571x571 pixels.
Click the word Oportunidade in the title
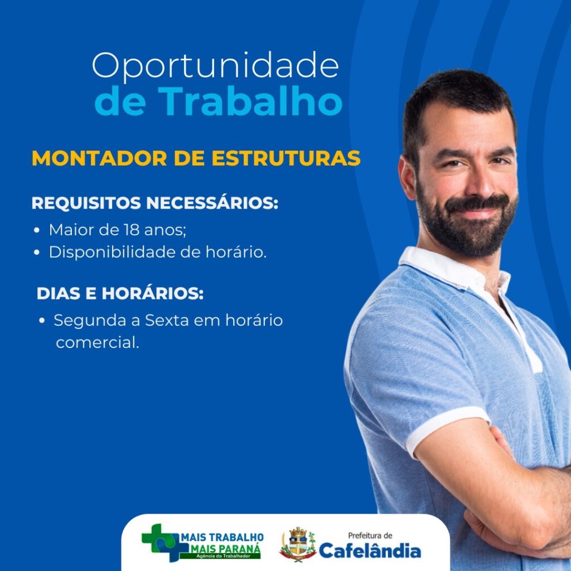216,66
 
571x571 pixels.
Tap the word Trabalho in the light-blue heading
250,101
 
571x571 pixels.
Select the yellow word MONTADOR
99,158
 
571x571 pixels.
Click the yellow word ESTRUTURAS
286,158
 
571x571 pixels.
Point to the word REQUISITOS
86,203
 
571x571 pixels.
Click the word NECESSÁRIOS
212,202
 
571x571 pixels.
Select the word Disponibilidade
112,252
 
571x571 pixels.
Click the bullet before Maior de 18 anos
36,230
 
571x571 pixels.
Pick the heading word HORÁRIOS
153,293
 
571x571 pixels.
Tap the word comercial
98,343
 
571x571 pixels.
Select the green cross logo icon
161,542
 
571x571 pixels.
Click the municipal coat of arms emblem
298,544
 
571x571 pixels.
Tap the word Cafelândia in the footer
370,550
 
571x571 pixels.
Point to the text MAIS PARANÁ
226,549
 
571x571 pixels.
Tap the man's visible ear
407,177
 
